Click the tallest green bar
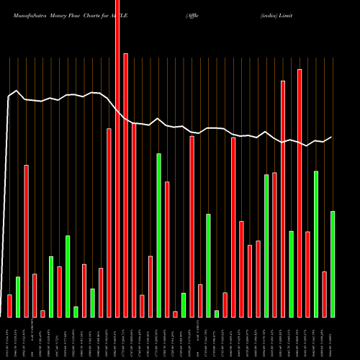pyautogui.click(x=158, y=235)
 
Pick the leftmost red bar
pyautogui.click(x=9, y=305)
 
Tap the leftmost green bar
pyautogui.click(x=18, y=297)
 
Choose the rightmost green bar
pyautogui.click(x=333, y=264)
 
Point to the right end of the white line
pyautogui.click(x=332, y=137)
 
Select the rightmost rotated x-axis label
pyautogui.click(x=333, y=338)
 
